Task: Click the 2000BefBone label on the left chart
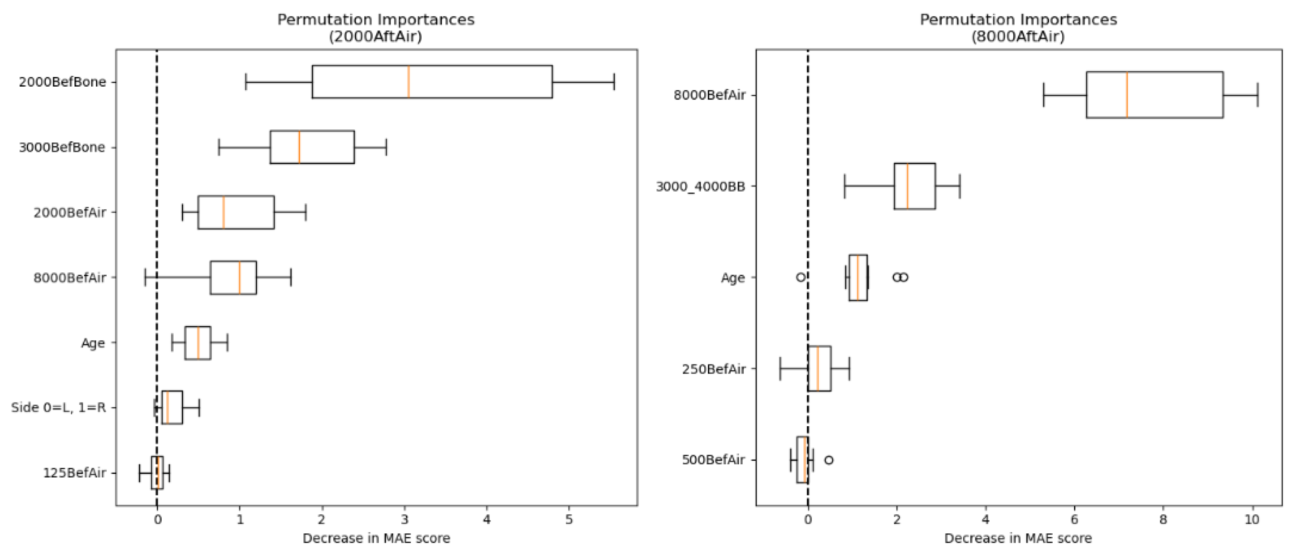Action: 62,82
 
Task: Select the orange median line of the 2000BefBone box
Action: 408,82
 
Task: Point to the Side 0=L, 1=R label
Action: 58,408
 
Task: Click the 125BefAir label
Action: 75,472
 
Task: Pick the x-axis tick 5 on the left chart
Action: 569,520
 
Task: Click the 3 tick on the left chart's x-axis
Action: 404,520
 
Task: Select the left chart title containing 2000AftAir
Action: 376,28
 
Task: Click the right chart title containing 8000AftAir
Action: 1018,28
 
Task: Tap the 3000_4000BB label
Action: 700,187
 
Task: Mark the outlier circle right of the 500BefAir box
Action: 829,460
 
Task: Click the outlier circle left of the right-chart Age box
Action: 801,277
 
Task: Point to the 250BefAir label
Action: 713,369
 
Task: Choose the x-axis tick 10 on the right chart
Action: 1252,520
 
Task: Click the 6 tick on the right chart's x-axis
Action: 1075,520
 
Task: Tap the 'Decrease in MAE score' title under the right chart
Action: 1018,539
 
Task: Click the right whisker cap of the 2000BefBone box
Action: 614,82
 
